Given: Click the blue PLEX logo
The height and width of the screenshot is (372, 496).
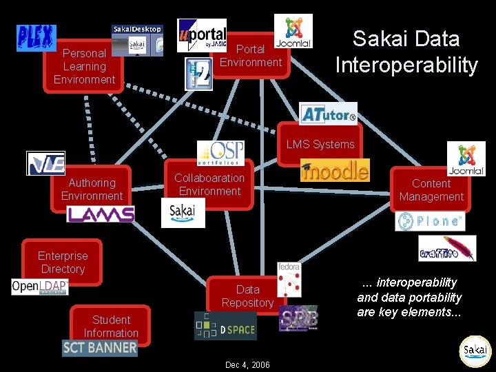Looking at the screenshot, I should [36, 38].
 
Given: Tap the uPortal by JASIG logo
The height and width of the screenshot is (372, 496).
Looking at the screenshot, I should [201, 35].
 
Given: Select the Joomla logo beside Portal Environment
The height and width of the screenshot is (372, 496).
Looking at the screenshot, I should [293, 31].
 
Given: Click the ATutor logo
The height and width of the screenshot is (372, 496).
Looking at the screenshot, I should [328, 114].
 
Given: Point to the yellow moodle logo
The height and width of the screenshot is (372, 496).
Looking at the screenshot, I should [335, 169].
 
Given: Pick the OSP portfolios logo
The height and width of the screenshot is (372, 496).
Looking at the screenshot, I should [220, 153].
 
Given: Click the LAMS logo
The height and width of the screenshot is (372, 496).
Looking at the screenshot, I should [101, 214].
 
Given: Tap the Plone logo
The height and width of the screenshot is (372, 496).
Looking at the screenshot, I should [430, 221].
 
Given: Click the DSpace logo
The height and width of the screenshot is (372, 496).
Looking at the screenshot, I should [225, 326].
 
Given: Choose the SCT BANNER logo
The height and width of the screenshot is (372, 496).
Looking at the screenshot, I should [100, 348].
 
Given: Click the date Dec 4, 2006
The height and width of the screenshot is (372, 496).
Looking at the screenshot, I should [247, 364].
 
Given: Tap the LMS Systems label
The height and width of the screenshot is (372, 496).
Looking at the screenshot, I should [320, 144].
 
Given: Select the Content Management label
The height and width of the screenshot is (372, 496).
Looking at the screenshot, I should [431, 190].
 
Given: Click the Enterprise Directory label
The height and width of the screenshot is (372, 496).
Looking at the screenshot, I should [63, 262].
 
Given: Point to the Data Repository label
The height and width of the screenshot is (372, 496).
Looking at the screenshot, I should [248, 296].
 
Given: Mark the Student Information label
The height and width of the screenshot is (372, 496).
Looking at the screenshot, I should [111, 327].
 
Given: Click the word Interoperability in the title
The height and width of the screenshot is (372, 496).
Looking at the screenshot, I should [406, 65].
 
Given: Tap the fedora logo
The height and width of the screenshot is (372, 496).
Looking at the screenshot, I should [289, 279].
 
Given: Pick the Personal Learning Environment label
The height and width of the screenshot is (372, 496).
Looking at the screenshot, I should [84, 66].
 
